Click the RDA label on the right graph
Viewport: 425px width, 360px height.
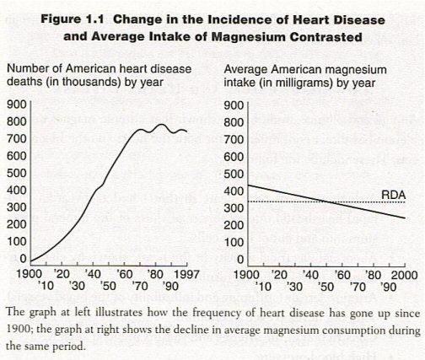393,194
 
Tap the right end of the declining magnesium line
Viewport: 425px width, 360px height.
405,218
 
